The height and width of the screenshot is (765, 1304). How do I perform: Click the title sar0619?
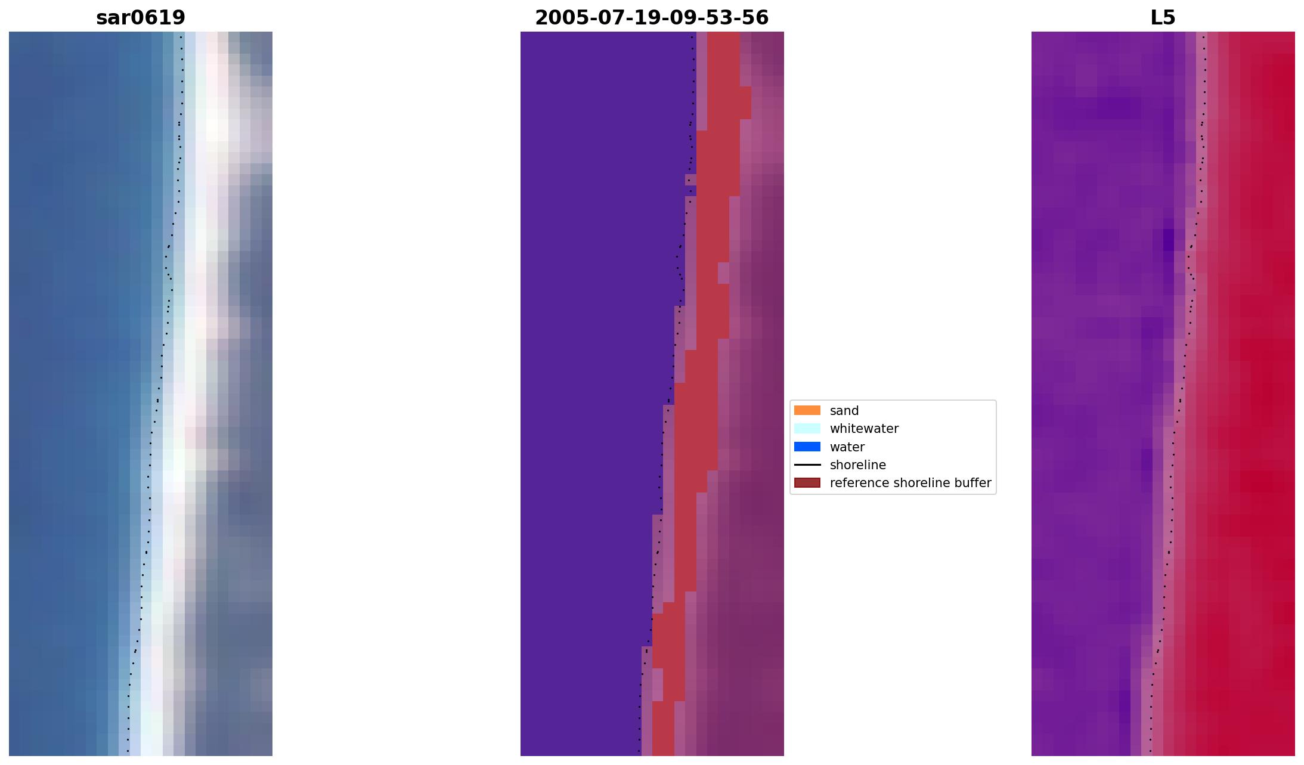pos(141,18)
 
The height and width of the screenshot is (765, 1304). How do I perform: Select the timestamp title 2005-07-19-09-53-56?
pos(652,18)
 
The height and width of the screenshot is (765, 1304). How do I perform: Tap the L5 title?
pos(1163,18)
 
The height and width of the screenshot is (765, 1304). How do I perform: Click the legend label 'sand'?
pos(844,411)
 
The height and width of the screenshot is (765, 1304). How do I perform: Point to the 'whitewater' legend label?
pos(864,429)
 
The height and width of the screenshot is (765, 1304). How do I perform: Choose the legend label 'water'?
pos(847,447)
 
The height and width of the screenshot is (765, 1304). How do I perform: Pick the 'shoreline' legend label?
pos(857,465)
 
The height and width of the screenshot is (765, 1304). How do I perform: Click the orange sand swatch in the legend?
pos(807,410)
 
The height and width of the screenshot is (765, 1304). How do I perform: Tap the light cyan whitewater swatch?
pos(807,429)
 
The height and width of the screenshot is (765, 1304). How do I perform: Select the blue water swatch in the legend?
pos(807,447)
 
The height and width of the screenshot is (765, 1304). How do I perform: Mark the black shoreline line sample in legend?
pos(807,465)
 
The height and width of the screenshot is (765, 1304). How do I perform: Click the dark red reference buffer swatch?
pos(807,483)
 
